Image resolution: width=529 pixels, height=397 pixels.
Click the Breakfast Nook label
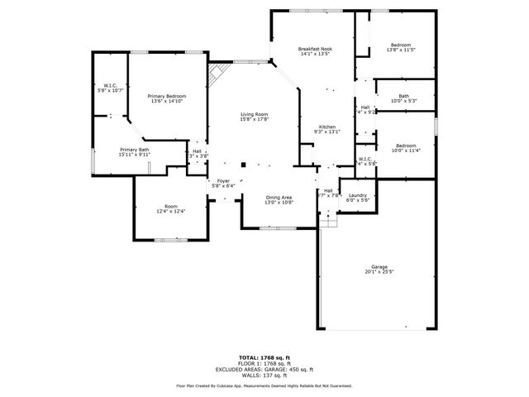[314, 50]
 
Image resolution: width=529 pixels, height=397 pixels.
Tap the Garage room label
[379, 266]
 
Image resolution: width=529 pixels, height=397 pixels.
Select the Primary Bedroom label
[167, 97]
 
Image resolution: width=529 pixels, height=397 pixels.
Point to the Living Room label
[254, 114]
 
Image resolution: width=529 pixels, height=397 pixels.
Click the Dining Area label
[279, 198]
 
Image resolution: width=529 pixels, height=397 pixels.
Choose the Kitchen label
[327, 126]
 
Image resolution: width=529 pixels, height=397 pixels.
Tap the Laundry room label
[357, 195]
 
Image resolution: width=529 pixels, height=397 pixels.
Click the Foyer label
[223, 181]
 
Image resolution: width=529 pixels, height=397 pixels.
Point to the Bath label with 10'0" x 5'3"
[403, 96]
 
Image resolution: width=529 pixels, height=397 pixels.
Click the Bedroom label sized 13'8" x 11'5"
[401, 45]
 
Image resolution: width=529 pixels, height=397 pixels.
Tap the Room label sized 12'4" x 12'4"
[170, 206]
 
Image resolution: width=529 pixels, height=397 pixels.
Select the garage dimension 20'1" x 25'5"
[379, 272]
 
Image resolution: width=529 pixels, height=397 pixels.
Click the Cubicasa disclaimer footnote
[264, 385]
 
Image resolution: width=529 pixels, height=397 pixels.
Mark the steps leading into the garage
[329, 220]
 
